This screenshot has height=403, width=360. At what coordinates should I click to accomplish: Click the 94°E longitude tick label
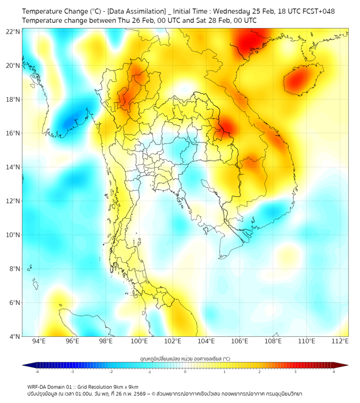(39, 342)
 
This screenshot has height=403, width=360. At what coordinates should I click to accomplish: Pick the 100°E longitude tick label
(140, 342)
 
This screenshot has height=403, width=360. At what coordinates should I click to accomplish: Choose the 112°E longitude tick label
(341, 342)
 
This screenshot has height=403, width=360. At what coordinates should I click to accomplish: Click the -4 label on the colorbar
(37, 372)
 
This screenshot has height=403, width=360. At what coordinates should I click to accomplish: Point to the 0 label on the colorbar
(185, 372)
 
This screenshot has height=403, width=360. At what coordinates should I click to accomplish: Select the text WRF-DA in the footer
(38, 387)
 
